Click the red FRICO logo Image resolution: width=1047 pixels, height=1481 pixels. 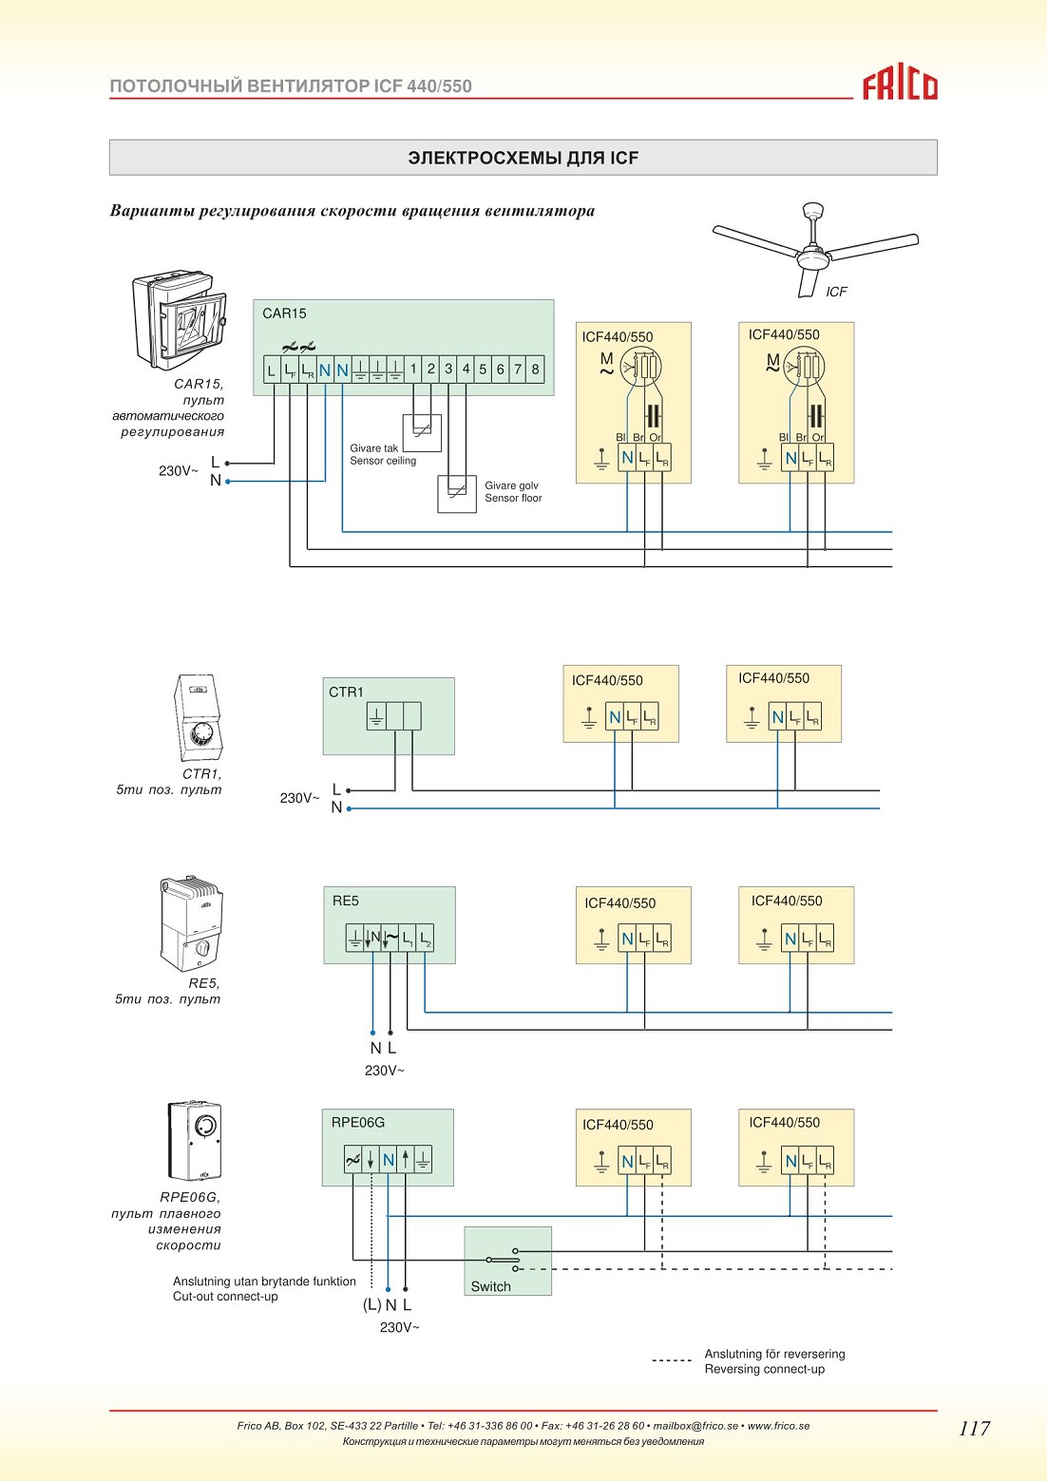[900, 85]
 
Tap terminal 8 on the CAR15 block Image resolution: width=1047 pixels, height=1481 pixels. [535, 369]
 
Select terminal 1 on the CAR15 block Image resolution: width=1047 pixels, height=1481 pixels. [413, 369]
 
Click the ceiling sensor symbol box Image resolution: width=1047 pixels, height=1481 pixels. [422, 433]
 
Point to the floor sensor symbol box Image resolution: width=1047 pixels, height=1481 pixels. [457, 494]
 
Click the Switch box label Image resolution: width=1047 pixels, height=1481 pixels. [491, 1286]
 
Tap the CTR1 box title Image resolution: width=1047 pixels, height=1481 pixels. [346, 693]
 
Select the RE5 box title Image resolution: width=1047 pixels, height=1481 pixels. [345, 901]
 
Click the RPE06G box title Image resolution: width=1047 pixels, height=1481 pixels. [358, 1122]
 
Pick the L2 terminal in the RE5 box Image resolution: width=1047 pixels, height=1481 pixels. [426, 939]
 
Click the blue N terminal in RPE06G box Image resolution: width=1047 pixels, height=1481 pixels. [389, 1160]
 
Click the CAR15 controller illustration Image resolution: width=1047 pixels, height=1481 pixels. [179, 320]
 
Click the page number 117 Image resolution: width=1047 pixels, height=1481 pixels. [974, 1428]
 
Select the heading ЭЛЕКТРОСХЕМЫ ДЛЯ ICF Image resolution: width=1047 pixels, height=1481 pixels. [523, 158]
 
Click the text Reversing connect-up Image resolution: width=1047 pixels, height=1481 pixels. [765, 1369]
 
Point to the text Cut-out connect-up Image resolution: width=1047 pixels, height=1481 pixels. [225, 1296]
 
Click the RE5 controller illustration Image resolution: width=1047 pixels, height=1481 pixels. [191, 923]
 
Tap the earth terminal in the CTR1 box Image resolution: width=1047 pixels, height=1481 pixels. [376, 716]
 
